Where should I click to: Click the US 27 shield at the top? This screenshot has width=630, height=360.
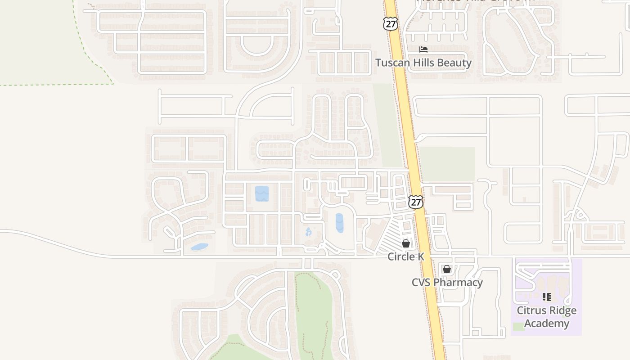tap(391, 24)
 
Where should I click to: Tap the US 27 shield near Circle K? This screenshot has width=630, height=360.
tap(416, 202)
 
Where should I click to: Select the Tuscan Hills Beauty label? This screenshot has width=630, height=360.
tap(423, 63)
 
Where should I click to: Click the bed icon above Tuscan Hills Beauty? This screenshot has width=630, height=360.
tap(423, 49)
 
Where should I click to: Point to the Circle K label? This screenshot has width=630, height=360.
tap(406, 256)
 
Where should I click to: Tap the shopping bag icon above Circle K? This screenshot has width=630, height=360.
tap(406, 243)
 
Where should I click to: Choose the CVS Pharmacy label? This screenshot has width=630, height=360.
tap(447, 283)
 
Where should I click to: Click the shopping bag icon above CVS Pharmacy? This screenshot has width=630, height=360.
tap(447, 269)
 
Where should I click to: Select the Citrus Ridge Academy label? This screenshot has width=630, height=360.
tap(546, 317)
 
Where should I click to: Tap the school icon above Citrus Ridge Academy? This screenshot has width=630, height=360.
tap(546, 297)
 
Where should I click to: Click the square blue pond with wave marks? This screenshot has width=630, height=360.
tap(262, 193)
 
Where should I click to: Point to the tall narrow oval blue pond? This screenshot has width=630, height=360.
tap(339, 223)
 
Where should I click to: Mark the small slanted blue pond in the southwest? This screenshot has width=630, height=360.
tap(199, 247)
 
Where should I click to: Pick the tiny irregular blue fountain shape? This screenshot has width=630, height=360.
tap(308, 232)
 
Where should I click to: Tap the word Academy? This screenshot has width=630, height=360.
tap(546, 323)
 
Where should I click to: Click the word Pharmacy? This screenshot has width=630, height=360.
tap(461, 283)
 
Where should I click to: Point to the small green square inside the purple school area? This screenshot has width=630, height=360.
tap(519, 327)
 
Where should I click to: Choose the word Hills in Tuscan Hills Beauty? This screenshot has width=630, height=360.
tap(424, 63)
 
